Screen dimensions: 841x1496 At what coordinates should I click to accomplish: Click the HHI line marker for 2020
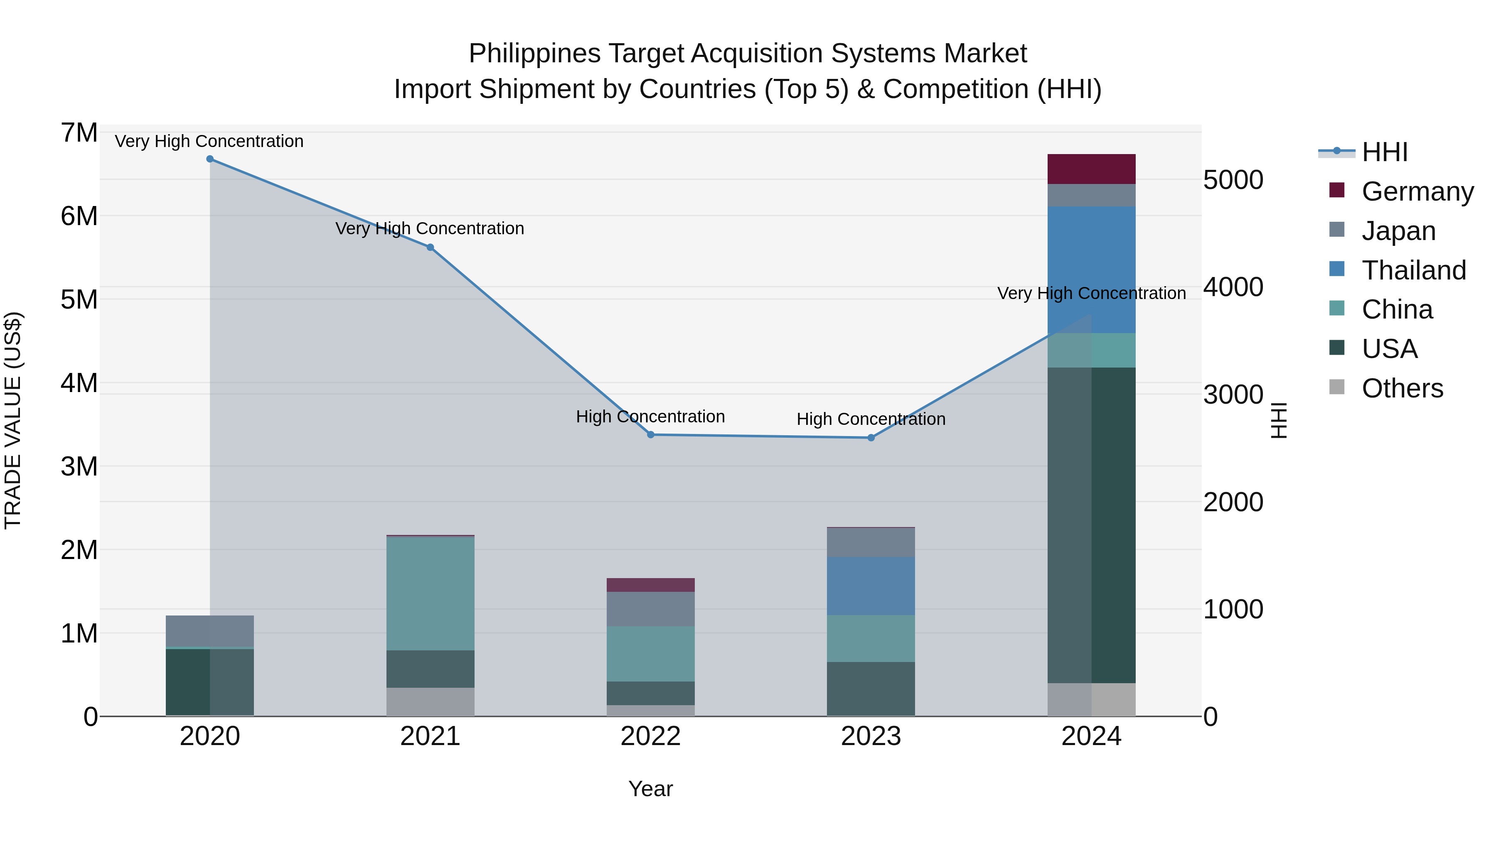tap(210, 159)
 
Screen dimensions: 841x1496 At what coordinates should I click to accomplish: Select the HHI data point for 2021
tap(431, 247)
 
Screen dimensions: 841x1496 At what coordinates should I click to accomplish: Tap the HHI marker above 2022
tap(650, 435)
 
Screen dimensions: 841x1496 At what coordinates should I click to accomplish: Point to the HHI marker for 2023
tap(871, 438)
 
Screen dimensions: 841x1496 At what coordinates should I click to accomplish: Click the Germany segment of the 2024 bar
tap(1091, 169)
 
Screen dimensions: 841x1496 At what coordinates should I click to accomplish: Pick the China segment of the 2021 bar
tap(431, 593)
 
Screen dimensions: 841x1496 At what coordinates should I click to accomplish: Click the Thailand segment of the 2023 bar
tap(871, 586)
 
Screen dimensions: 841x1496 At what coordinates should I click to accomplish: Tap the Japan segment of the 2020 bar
tap(210, 631)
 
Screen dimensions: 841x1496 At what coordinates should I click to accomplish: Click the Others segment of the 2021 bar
tap(431, 702)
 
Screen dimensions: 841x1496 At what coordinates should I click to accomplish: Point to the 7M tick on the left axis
tap(79, 133)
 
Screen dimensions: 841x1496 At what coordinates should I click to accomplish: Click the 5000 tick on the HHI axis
tap(1233, 180)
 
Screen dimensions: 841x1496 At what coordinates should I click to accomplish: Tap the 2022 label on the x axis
tap(650, 736)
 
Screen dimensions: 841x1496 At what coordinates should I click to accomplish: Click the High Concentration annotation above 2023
tap(871, 419)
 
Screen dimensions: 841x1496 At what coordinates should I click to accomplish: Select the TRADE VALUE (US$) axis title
tap(13, 420)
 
